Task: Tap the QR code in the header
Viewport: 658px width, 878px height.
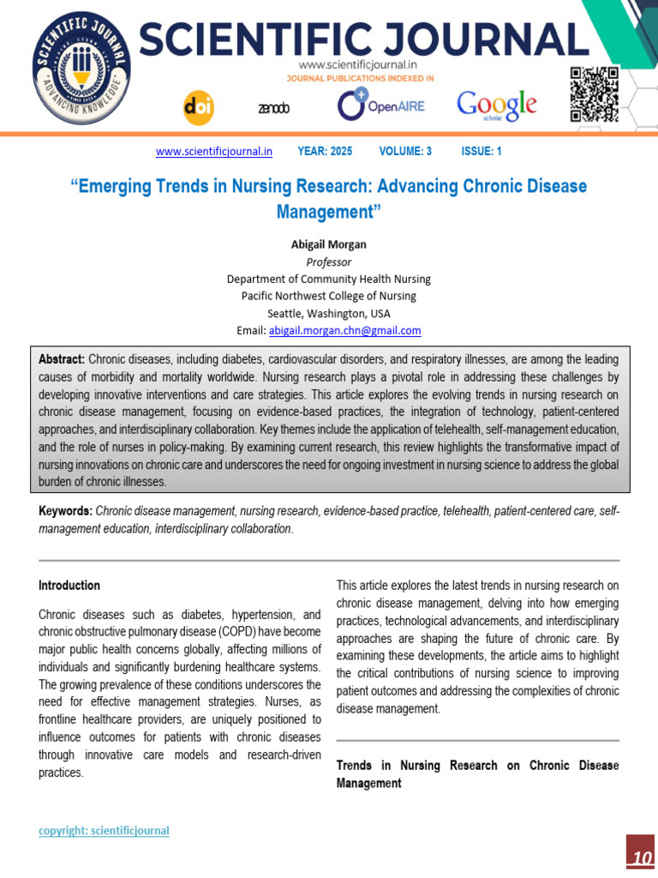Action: pos(594,93)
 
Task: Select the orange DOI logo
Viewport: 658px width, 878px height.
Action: pos(199,107)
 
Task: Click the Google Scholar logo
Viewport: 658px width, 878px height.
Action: pos(497,105)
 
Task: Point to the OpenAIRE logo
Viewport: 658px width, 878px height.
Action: pos(380,105)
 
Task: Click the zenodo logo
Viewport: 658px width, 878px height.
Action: pos(274,109)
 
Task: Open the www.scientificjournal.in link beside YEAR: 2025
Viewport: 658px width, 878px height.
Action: pos(214,152)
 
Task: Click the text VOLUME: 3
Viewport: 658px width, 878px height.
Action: pos(405,152)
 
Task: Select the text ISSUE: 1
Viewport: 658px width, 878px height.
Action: pos(482,152)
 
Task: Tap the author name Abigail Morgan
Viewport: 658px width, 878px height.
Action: pos(328,244)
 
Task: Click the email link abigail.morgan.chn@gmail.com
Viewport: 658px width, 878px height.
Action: pos(344,330)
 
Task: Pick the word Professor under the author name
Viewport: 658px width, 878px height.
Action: pos(328,262)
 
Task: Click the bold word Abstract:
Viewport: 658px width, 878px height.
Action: pos(62,359)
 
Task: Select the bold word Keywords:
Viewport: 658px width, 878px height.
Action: pos(65,512)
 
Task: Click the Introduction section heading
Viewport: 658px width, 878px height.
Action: pos(69,586)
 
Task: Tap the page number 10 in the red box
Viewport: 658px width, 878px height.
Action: pos(640,858)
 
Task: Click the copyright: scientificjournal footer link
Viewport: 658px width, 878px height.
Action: pos(104,831)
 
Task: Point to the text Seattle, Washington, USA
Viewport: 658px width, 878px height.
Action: pos(328,313)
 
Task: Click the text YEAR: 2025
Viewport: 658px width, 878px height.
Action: pos(325,152)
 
